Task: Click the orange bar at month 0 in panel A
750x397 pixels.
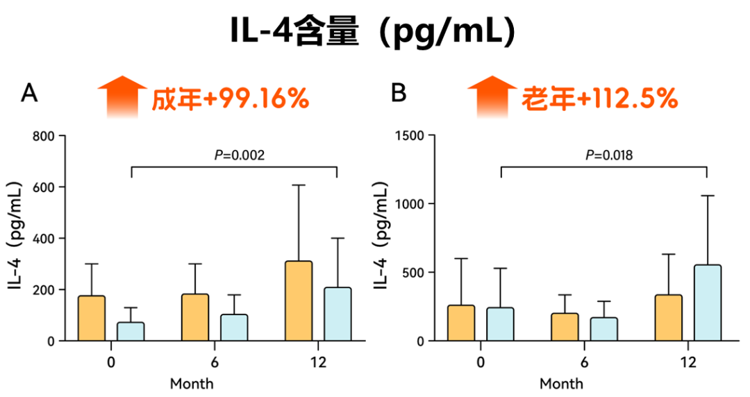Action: [x=92, y=319]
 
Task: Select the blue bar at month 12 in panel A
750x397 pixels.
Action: [x=337, y=314]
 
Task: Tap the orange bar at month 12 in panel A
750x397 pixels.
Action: [x=299, y=301]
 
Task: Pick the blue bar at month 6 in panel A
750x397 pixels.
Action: [x=234, y=328]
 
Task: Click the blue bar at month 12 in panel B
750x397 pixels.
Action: [x=708, y=303]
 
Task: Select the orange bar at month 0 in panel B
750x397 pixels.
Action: [x=461, y=323]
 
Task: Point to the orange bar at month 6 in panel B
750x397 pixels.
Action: [x=565, y=327]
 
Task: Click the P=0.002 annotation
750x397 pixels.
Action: [x=239, y=155]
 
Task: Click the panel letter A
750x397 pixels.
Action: [x=29, y=93]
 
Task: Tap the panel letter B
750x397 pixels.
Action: [x=399, y=93]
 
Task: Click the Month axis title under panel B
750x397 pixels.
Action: [x=562, y=383]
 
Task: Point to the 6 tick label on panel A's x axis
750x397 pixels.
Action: [x=215, y=362]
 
